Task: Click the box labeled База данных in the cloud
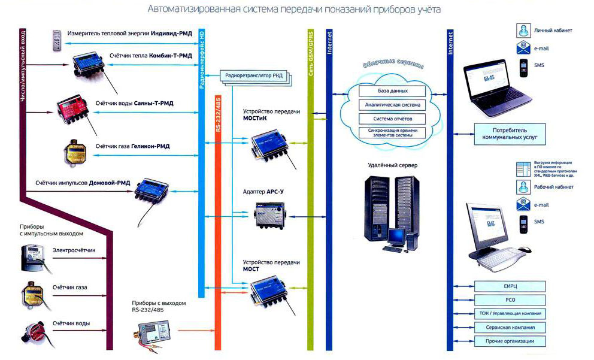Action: coord(393,91)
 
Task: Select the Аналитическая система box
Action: coord(393,105)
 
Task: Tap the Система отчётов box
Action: coord(393,118)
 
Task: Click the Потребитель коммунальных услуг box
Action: coord(510,132)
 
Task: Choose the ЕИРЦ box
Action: coord(510,286)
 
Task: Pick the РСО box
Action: coord(510,300)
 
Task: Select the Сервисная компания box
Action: coord(510,328)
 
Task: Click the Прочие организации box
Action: coord(510,341)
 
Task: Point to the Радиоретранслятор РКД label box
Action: coord(255,75)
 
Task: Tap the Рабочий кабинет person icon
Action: coord(523,187)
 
